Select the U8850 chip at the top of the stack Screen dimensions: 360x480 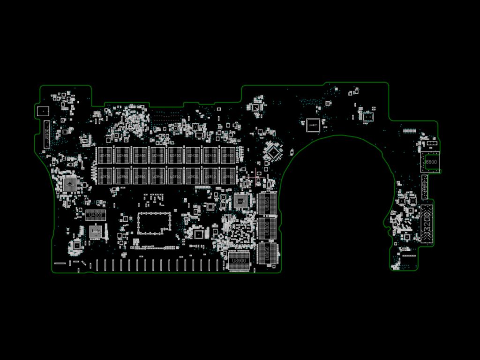(x=267, y=203)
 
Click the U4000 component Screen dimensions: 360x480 (x=96, y=215)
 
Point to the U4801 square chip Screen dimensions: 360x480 (x=313, y=125)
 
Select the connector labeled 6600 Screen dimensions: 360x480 (x=431, y=162)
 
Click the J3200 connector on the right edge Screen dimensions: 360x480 (x=427, y=225)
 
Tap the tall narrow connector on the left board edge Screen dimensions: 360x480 (x=46, y=134)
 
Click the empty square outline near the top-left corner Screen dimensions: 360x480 (x=42, y=111)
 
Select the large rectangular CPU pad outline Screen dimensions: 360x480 (x=154, y=223)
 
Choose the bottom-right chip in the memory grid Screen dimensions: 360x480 (x=228, y=175)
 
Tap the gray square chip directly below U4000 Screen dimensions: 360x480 (x=96, y=232)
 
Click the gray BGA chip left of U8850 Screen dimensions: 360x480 (x=242, y=201)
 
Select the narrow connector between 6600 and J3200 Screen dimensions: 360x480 (x=424, y=187)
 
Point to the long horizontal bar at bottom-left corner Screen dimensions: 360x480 (x=60, y=263)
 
